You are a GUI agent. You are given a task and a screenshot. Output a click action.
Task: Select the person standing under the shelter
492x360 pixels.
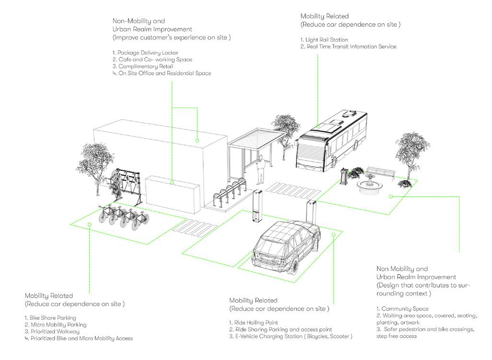261,170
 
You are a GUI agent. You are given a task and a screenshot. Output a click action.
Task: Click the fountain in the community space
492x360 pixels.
370,184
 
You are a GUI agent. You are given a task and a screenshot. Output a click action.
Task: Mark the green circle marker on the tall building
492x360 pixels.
197,140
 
